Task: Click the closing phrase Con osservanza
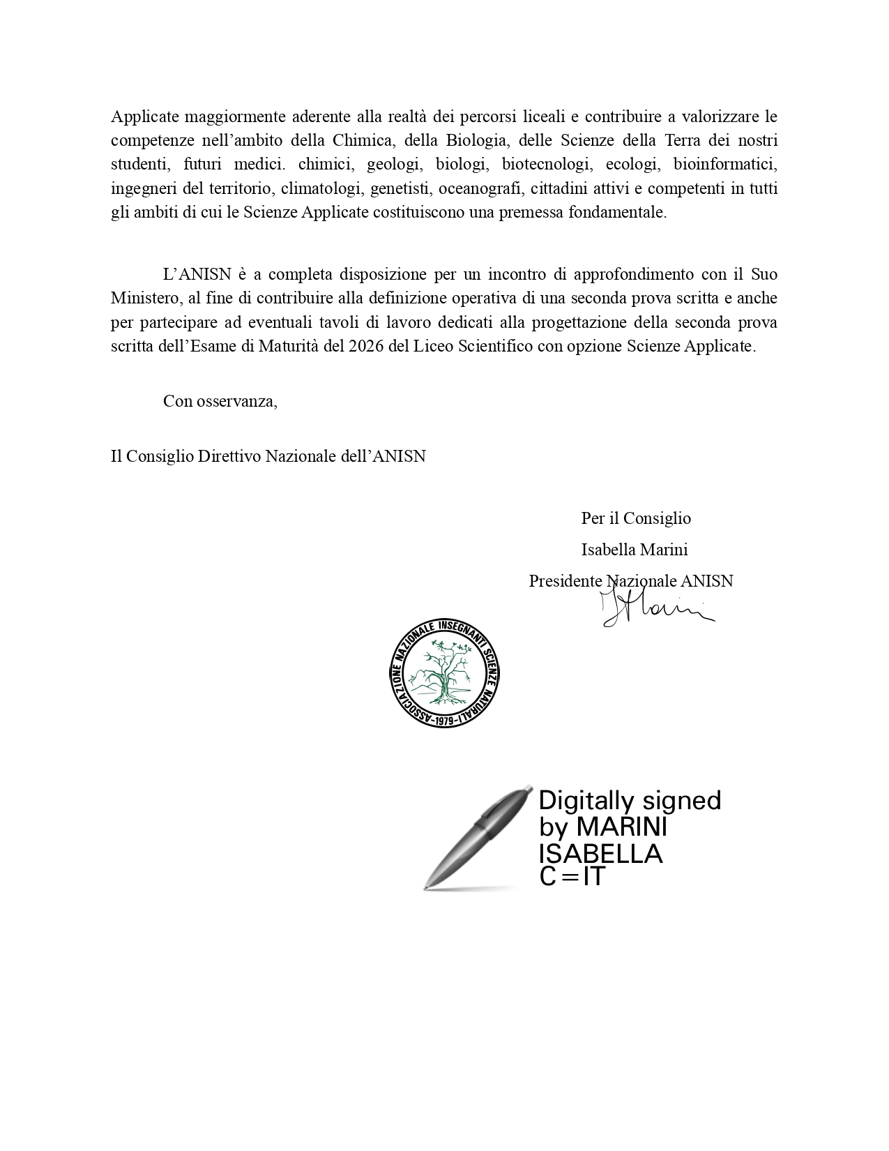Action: (220, 402)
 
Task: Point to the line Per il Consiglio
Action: (636, 518)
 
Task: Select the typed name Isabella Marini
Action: (635, 550)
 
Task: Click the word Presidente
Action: (565, 581)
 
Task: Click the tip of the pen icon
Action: (427, 887)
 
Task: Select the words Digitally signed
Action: (630, 800)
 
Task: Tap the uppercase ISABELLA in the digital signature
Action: (600, 853)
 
